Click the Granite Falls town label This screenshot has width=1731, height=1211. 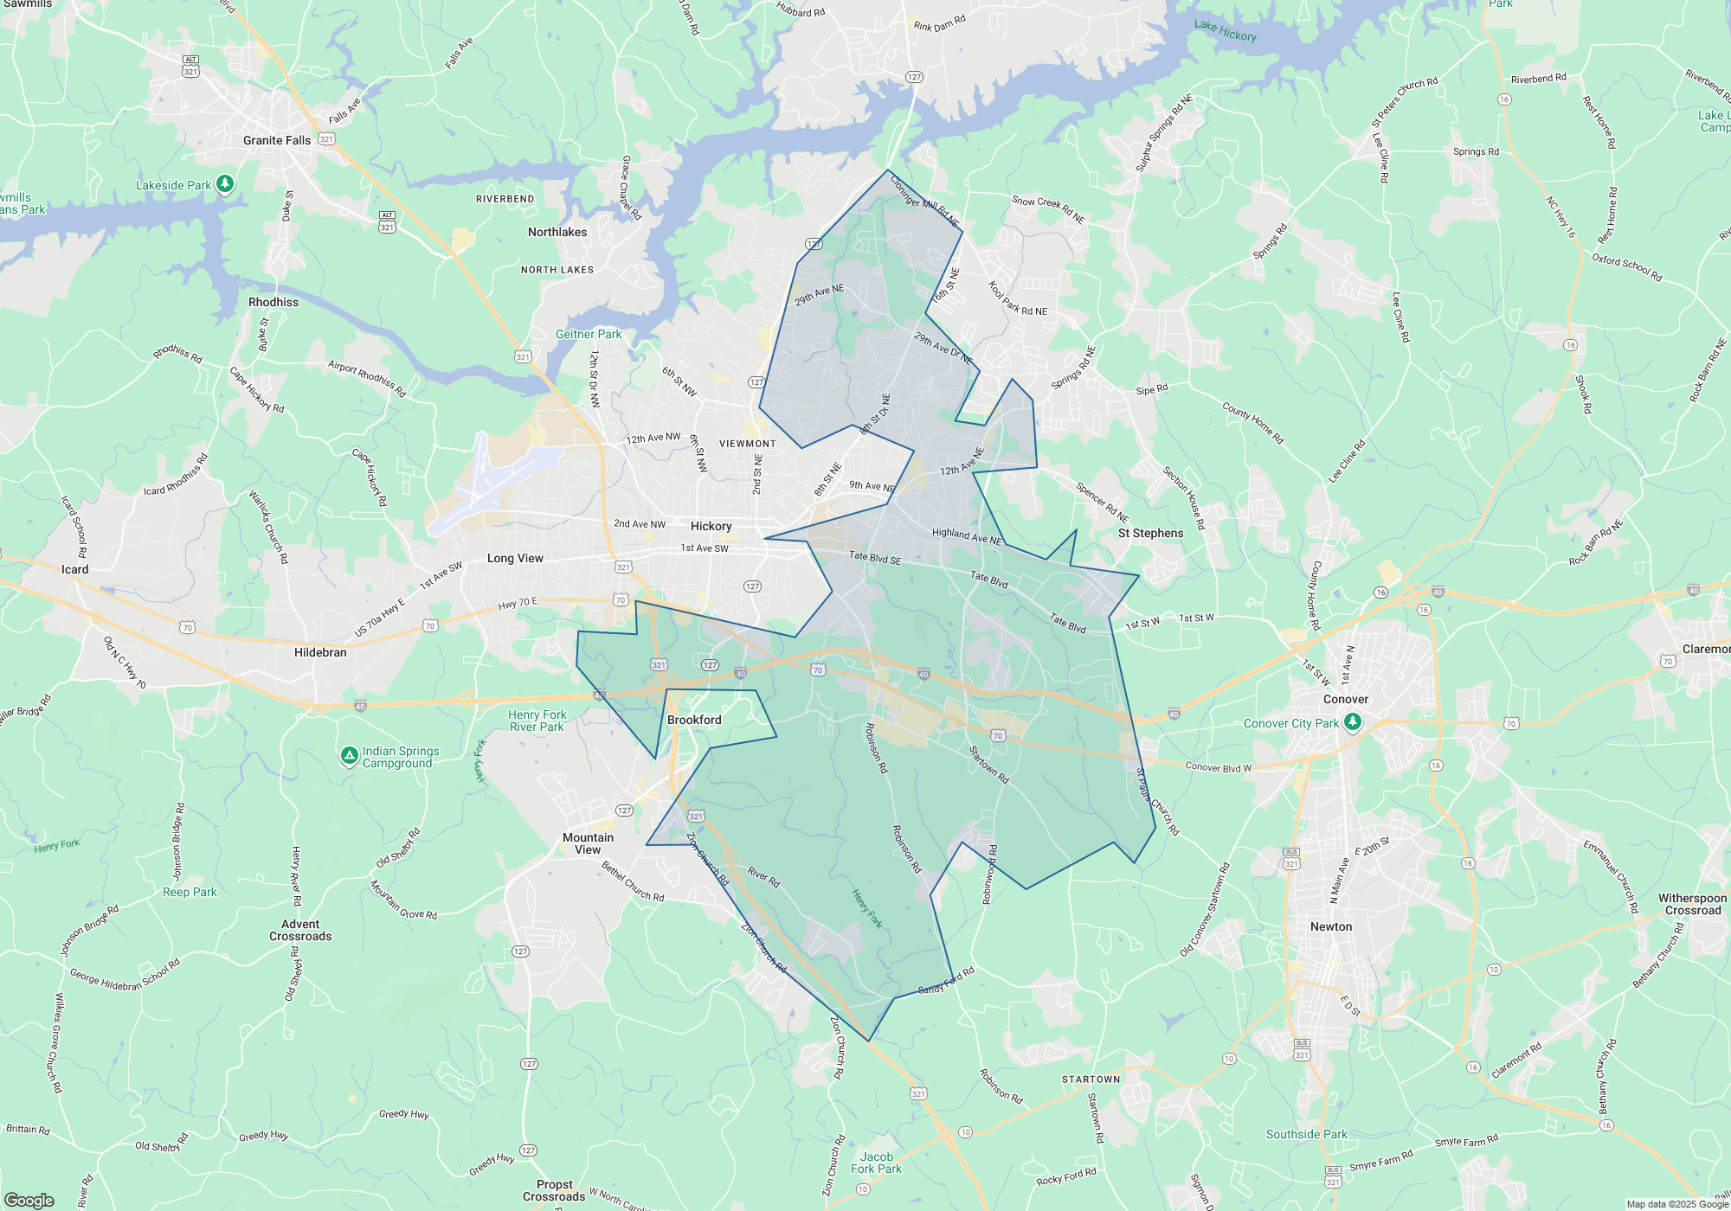pyautogui.click(x=276, y=140)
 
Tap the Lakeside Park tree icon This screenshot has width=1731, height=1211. pyautogui.click(x=225, y=183)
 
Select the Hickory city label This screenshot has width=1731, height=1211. pyautogui.click(x=711, y=526)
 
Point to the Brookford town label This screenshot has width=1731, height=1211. pyautogui.click(x=694, y=720)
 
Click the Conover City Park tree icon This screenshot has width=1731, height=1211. pyautogui.click(x=1353, y=721)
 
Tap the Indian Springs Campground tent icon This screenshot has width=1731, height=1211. pyautogui.click(x=349, y=756)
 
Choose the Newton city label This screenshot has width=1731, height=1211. pyautogui.click(x=1330, y=926)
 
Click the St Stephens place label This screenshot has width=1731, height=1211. pyautogui.click(x=1150, y=533)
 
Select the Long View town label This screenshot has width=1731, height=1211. pyautogui.click(x=515, y=558)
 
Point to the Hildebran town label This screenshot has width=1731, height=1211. pyautogui.click(x=320, y=652)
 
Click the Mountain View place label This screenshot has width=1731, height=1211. pyautogui.click(x=588, y=843)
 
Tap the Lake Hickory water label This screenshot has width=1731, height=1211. pyautogui.click(x=1225, y=30)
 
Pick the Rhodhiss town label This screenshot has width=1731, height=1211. pyautogui.click(x=273, y=302)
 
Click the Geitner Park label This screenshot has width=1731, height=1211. pyautogui.click(x=589, y=334)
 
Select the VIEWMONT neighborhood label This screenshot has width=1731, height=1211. pyautogui.click(x=747, y=444)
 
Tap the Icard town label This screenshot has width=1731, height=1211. pyautogui.click(x=74, y=569)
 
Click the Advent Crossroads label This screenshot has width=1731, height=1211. pyautogui.click(x=300, y=930)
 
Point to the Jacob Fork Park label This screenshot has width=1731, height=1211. pyautogui.click(x=876, y=1163)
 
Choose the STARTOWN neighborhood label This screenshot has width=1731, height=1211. pyautogui.click(x=1091, y=1080)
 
